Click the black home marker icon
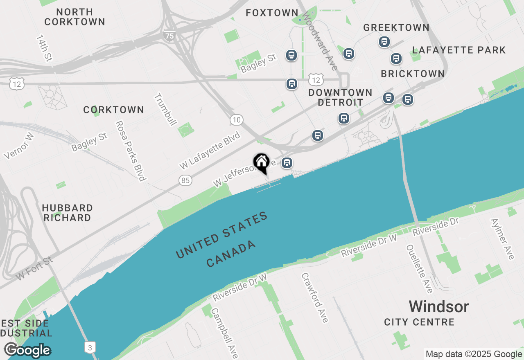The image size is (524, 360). click(261, 163)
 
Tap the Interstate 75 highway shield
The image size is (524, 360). click(169, 36)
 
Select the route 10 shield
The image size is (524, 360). click(236, 120)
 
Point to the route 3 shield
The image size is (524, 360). click(90, 347)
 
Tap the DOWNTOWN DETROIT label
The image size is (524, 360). click(340, 97)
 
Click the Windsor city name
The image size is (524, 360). click(439, 306)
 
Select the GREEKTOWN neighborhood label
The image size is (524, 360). click(396, 27)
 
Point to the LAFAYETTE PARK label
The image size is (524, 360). click(459, 50)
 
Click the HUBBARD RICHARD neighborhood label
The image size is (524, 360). click(67, 213)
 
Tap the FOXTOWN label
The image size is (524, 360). click(272, 13)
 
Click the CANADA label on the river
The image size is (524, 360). click(231, 254)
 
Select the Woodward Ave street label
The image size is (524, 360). click(321, 40)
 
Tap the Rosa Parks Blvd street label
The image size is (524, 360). click(130, 151)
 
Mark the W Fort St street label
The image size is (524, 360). click(35, 268)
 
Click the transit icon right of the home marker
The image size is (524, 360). click(287, 163)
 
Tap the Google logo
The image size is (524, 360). click(27, 350)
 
